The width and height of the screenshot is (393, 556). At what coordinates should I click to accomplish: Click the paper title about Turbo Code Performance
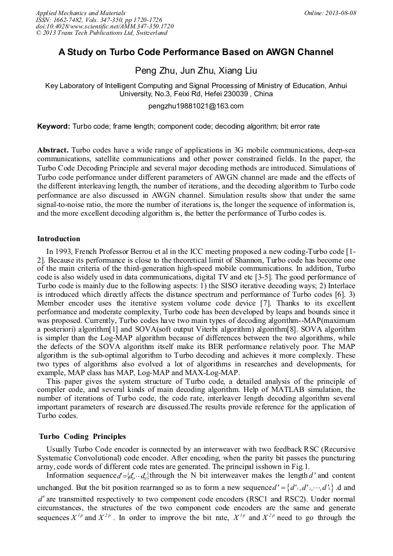coord(196,52)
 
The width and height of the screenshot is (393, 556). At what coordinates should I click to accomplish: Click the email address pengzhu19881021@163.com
coord(196,106)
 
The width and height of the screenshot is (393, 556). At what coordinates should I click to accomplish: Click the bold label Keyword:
coord(54,126)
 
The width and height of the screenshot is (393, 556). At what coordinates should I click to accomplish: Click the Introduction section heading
coord(59,239)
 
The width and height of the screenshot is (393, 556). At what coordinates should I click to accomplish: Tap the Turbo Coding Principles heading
coord(82,436)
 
